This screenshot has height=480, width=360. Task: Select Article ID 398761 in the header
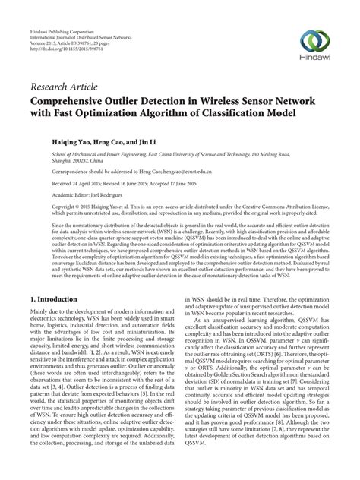click(x=88, y=24)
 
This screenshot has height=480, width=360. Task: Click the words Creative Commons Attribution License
click(x=280, y=207)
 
